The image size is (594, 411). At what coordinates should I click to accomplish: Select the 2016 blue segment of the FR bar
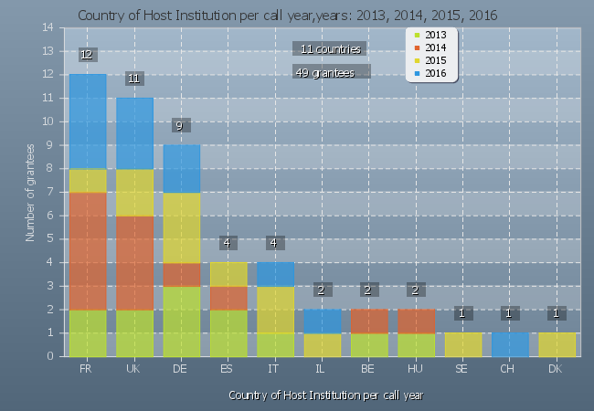click(88, 121)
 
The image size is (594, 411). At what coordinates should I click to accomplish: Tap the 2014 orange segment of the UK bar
click(134, 263)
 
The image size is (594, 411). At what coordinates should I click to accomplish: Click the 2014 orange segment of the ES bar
click(228, 299)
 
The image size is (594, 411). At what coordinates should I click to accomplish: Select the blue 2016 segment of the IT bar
click(275, 275)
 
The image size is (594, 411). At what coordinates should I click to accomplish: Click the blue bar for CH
click(510, 345)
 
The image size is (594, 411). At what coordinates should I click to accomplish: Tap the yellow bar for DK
click(556, 345)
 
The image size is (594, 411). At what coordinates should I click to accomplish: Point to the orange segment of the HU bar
click(416, 321)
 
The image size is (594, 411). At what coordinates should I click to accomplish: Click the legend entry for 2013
click(435, 35)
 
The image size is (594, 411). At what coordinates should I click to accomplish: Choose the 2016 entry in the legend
click(435, 72)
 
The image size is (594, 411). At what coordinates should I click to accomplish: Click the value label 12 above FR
click(87, 55)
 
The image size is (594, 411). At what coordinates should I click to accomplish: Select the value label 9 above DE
click(181, 126)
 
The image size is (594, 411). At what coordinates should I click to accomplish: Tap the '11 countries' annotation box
click(331, 48)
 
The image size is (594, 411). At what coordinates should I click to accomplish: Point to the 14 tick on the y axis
click(48, 27)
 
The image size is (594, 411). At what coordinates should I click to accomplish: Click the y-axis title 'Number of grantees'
click(30, 192)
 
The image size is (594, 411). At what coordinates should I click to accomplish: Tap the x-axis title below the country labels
click(325, 395)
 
